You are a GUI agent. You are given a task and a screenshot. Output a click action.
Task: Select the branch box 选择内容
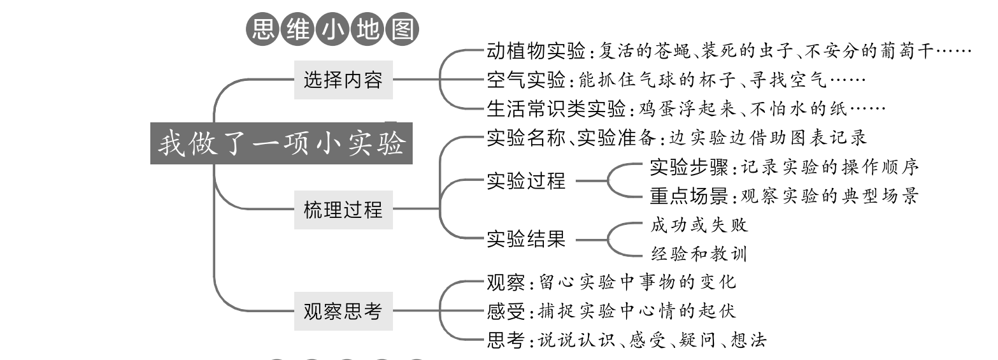click(x=343, y=80)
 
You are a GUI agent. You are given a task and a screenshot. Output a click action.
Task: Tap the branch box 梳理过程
click(x=343, y=208)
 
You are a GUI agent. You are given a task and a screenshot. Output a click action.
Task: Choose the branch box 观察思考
click(x=343, y=311)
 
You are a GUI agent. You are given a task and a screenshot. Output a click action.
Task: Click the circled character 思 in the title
click(x=261, y=30)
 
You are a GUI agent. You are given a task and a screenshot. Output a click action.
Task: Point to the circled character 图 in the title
click(x=401, y=30)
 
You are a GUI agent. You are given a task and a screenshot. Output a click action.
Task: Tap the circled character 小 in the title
click(x=332, y=30)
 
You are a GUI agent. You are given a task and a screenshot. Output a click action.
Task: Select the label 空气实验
click(x=525, y=80)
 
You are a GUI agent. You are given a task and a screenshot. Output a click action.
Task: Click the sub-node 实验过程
click(x=525, y=181)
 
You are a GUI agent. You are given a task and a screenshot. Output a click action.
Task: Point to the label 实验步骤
click(x=689, y=167)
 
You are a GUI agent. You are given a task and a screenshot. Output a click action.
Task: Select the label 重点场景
click(x=689, y=196)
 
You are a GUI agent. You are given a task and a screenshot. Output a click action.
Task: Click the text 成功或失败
click(x=699, y=225)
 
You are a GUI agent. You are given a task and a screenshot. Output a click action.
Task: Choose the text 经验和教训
click(x=699, y=254)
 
